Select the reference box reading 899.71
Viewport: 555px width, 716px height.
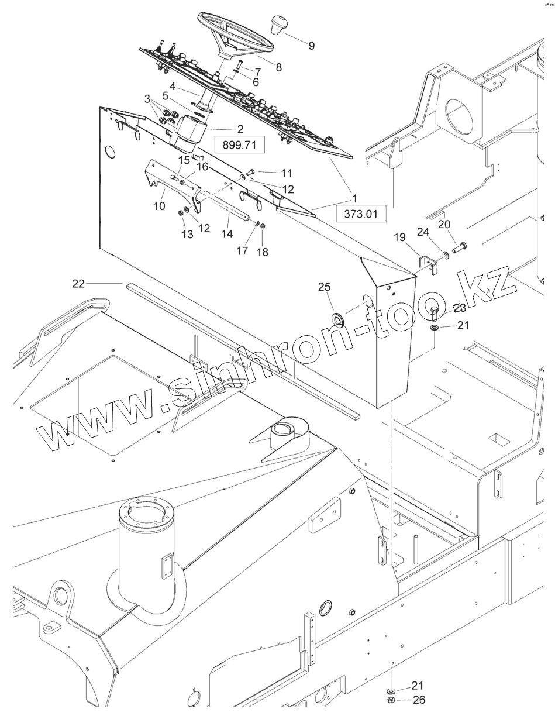[240, 144]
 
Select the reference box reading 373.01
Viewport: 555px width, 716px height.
[361, 214]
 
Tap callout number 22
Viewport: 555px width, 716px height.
[78, 284]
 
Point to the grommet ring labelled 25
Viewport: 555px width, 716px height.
[338, 319]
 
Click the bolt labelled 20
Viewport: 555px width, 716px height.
[459, 246]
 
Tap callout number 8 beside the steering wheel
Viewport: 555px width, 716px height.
[278, 67]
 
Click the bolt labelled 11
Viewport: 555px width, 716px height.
[250, 171]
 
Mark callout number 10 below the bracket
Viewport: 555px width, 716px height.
[159, 206]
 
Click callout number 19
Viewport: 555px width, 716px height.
[399, 237]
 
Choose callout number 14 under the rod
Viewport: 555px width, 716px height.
[227, 233]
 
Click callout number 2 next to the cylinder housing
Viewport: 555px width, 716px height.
[240, 129]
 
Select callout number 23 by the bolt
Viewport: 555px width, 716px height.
[460, 308]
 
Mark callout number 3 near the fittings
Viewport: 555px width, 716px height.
[147, 98]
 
